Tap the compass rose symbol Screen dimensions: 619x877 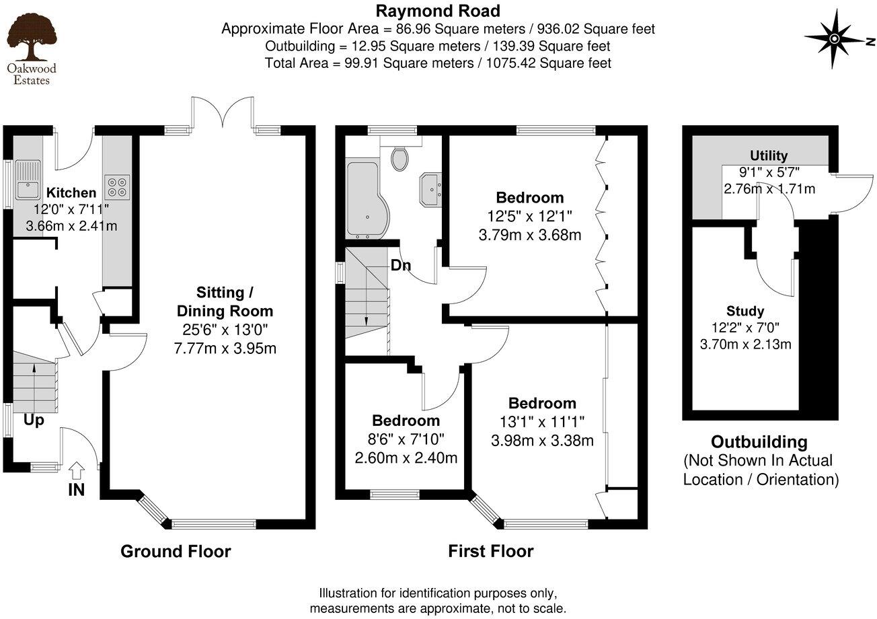click(834, 38)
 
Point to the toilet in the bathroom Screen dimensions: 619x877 click(400, 159)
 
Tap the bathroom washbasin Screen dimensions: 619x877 click(430, 186)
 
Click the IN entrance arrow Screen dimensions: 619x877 click(77, 469)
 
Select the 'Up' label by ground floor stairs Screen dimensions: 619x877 click(35, 420)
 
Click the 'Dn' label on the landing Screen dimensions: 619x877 click(401, 265)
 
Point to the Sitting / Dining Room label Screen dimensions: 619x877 click(225, 301)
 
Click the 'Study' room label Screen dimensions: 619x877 click(745, 311)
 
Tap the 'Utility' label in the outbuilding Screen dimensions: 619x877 click(769, 156)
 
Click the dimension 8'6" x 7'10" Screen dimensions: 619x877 click(406, 439)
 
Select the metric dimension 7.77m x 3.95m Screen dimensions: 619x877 click(225, 348)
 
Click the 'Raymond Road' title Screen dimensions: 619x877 click(438, 11)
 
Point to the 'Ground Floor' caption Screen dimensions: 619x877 click(176, 552)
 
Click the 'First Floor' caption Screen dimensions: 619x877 click(491, 552)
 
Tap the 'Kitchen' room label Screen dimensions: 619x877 click(71, 193)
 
